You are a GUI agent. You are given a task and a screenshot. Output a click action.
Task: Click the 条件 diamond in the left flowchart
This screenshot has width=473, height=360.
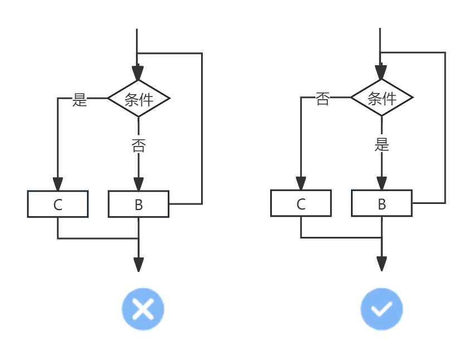(x=138, y=99)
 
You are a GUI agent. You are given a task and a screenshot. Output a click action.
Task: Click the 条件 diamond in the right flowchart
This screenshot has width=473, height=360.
(x=382, y=98)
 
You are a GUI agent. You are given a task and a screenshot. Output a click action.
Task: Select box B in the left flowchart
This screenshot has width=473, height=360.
(x=138, y=205)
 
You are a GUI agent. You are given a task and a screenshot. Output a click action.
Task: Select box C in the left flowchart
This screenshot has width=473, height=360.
(x=58, y=205)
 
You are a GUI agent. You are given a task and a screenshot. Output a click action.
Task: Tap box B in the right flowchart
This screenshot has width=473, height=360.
(x=382, y=204)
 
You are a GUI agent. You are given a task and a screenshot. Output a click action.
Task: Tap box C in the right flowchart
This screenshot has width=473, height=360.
(x=301, y=204)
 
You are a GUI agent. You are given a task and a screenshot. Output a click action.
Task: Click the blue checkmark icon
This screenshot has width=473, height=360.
(x=382, y=309)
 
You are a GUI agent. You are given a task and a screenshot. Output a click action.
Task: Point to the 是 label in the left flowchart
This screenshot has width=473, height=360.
(x=80, y=100)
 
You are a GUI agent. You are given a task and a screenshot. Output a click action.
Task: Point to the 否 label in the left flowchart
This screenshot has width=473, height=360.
(x=138, y=146)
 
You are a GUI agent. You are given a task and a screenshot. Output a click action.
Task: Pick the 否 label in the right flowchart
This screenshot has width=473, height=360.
(x=323, y=99)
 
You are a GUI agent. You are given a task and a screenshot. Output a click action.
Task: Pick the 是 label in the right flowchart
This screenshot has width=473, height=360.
(x=382, y=145)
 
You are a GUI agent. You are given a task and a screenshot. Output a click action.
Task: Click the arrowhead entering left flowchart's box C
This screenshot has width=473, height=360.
(x=58, y=184)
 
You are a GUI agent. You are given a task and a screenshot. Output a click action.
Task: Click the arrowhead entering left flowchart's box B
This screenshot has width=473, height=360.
(x=138, y=184)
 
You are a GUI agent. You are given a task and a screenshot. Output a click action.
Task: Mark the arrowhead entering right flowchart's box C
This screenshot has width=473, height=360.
(x=301, y=184)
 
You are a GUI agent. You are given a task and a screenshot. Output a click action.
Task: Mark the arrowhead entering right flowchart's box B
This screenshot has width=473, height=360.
(x=382, y=184)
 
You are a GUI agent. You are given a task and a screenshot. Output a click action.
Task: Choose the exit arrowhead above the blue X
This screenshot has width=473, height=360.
(x=138, y=265)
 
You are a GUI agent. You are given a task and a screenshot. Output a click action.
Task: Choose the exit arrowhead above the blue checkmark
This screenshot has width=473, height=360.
(x=382, y=264)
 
